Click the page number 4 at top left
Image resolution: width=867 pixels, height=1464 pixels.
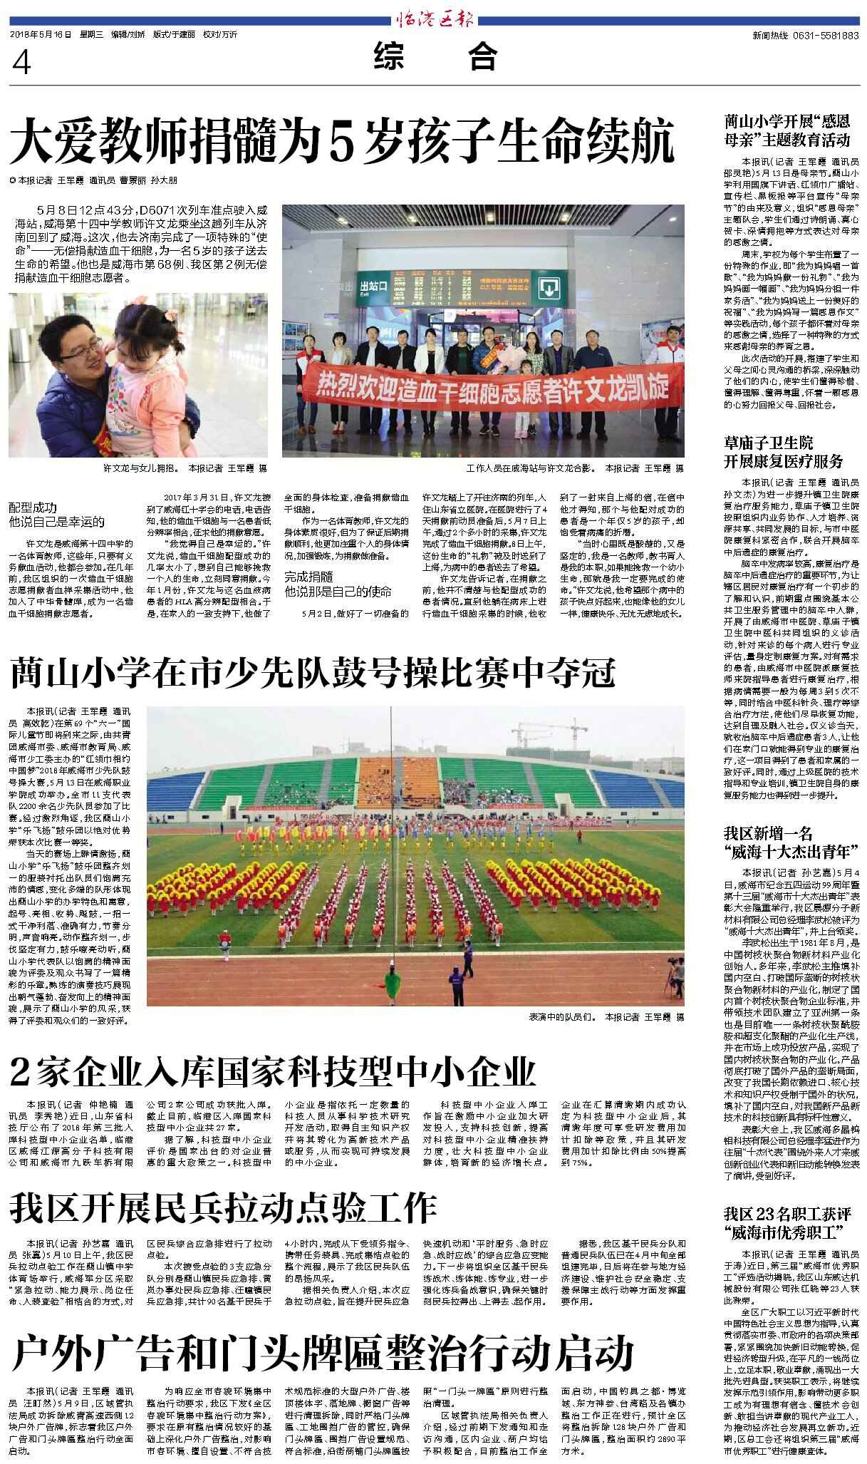pyautogui.click(x=22, y=63)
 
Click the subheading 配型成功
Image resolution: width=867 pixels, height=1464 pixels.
pyautogui.click(x=33, y=507)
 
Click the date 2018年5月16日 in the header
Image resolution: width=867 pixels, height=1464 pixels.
pyautogui.click(x=41, y=34)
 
